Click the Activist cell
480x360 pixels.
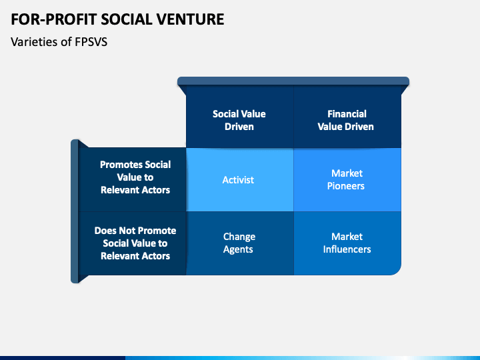[240, 180]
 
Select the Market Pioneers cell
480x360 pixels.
[347, 180]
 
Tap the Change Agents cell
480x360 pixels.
[240, 243]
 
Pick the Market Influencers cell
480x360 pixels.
[347, 243]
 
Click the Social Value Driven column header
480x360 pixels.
[240, 117]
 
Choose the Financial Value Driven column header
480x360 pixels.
[347, 117]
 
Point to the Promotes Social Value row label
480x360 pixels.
[132, 180]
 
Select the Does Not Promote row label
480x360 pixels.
[132, 243]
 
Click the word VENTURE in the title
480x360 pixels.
[191, 19]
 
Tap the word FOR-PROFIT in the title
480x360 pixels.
[54, 19]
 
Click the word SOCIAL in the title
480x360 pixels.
[127, 19]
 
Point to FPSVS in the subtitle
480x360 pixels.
[91, 42]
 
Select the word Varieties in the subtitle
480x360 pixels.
[34, 42]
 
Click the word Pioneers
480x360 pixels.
[346, 186]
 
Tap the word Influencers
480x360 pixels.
[347, 249]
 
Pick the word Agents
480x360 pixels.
[238, 249]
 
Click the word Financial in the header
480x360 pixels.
[347, 114]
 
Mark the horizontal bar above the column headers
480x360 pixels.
[293, 81]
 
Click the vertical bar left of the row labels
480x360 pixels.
[75, 211]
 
